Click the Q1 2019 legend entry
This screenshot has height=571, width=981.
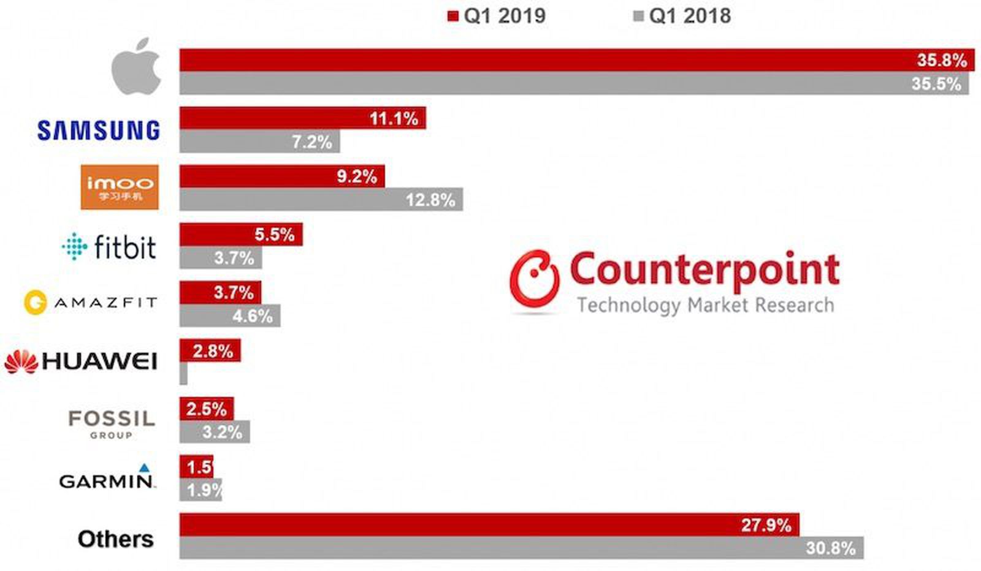pyautogui.click(x=497, y=16)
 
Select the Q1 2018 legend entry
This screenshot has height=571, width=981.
pyautogui.click(x=682, y=16)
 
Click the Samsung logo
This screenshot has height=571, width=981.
pyautogui.click(x=98, y=130)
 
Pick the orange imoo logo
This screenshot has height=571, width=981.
pyautogui.click(x=120, y=187)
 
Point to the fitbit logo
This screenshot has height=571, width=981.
pyautogui.click(x=109, y=246)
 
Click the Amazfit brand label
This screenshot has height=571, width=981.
pyautogui.click(x=91, y=303)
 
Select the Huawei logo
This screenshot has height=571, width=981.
pyautogui.click(x=81, y=361)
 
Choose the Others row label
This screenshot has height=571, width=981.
pyautogui.click(x=115, y=539)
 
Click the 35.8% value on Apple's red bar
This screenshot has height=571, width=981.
pyautogui.click(x=941, y=60)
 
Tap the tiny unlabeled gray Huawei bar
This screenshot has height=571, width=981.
pyautogui.click(x=183, y=373)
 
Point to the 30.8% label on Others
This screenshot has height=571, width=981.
pyautogui.click(x=830, y=548)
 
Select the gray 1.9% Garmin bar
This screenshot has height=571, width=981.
pyautogui.click(x=200, y=490)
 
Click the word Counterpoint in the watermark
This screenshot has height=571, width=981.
pyautogui.click(x=704, y=270)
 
